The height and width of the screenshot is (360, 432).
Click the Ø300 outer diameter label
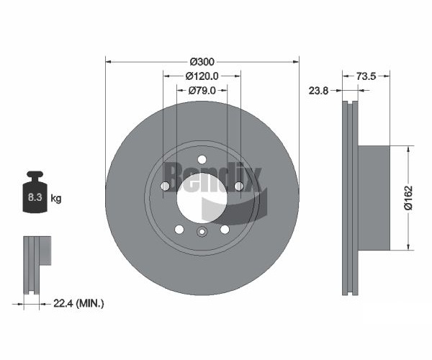point(202,62)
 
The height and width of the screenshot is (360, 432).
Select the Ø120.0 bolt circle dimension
point(202,76)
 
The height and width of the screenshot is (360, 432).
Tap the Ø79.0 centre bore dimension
point(202,90)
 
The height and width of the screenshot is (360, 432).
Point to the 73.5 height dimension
point(366,76)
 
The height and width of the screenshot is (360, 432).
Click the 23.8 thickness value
point(318,90)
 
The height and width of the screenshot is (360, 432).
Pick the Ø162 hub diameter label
point(408,198)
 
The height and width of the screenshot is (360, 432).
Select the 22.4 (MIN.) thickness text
point(78,304)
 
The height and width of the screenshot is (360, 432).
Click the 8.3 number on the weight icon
point(35,197)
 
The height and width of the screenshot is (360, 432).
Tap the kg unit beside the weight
point(56,198)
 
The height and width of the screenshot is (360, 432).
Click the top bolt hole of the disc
point(202,159)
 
